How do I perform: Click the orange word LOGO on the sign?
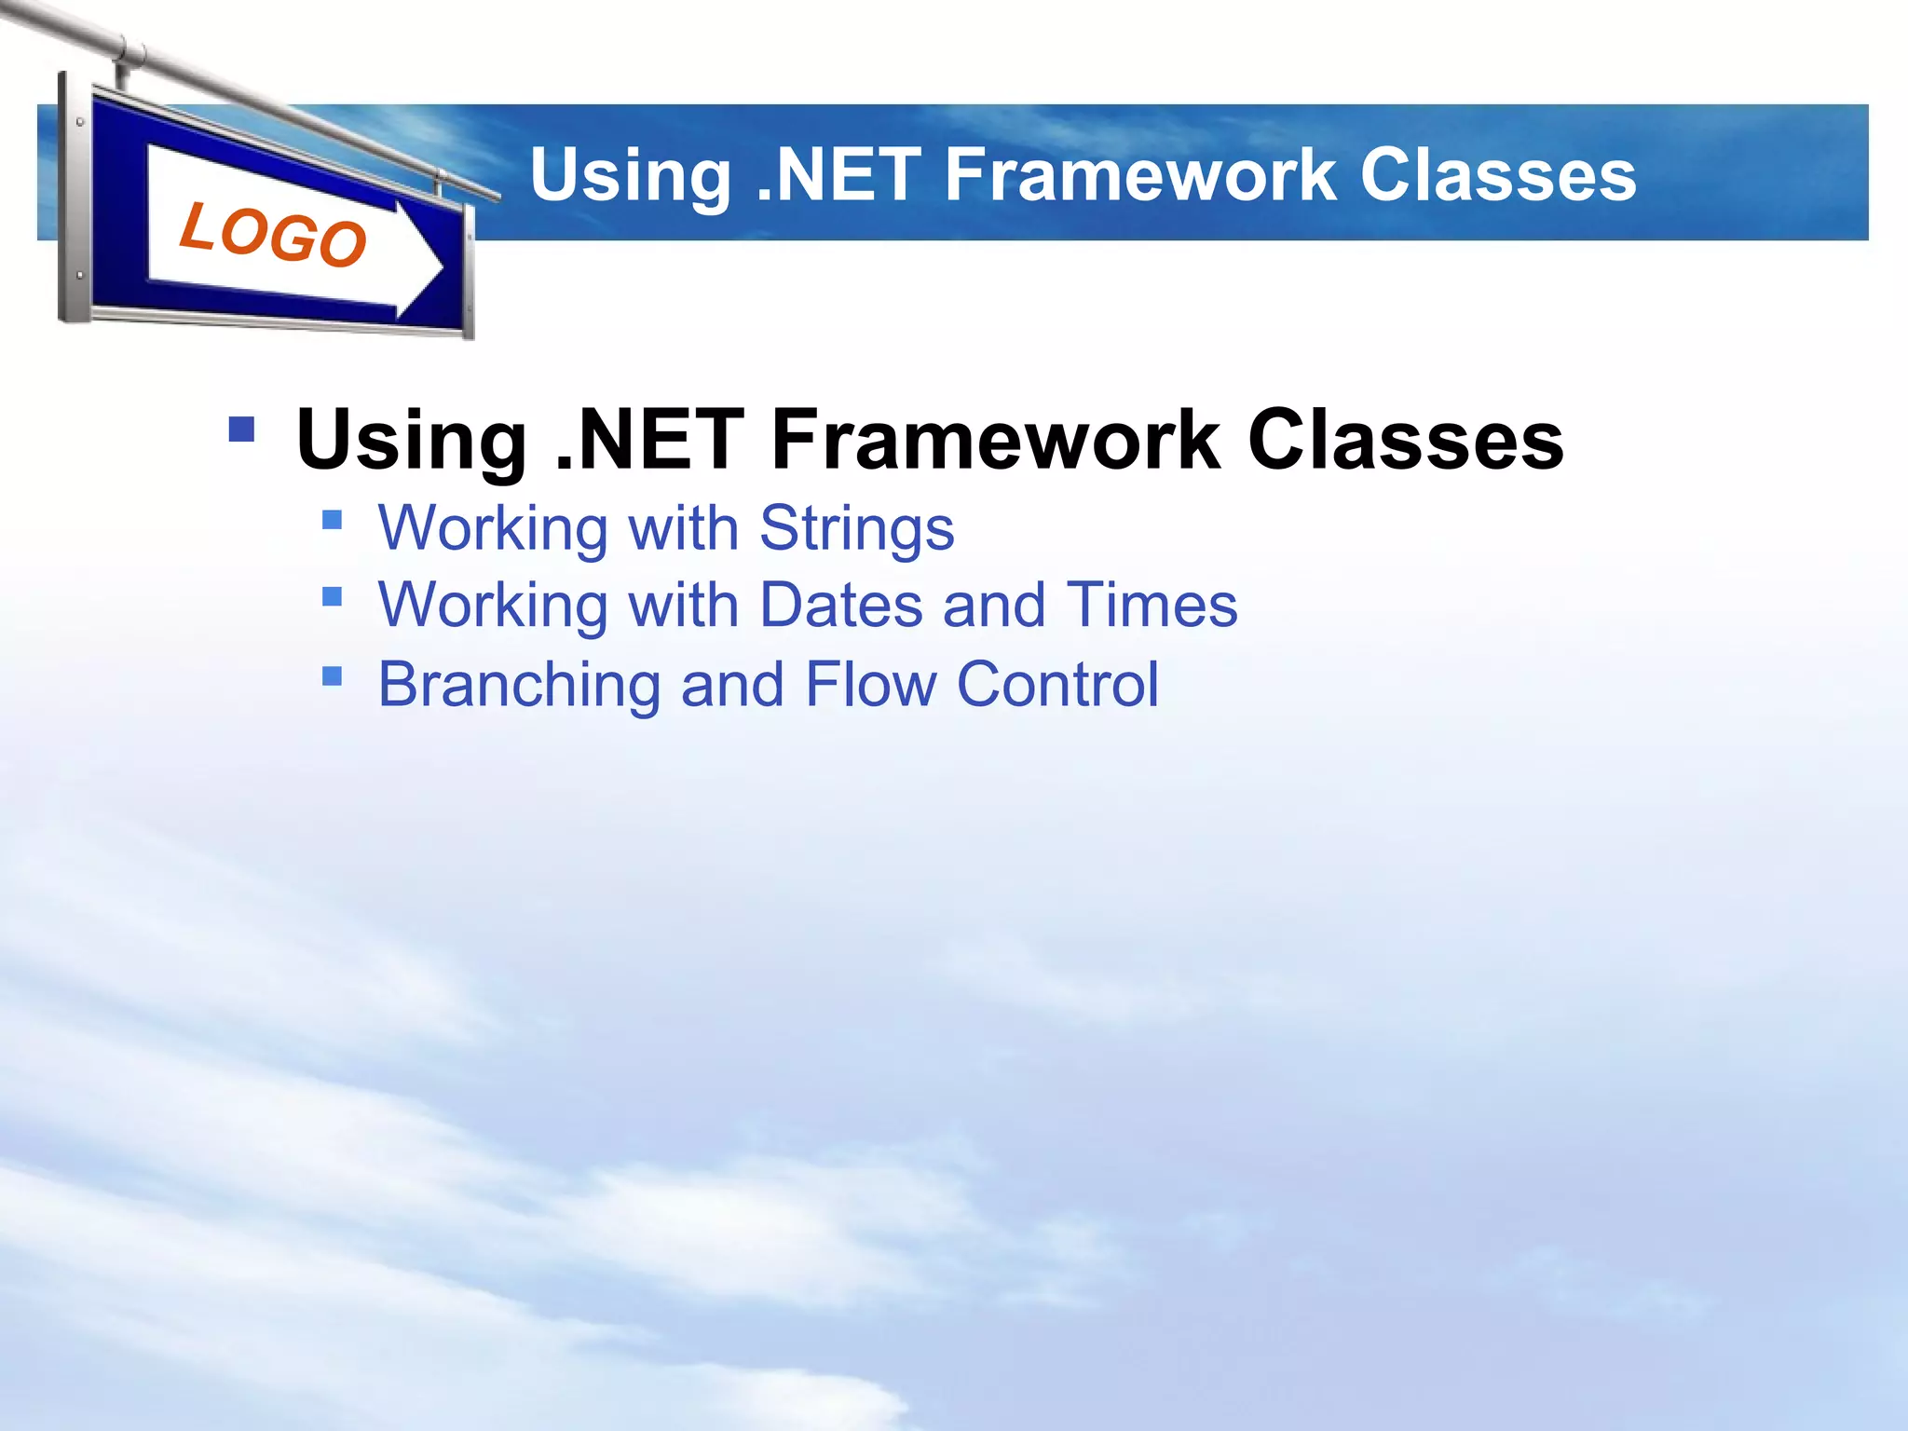[x=273, y=235]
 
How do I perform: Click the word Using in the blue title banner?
[x=631, y=177]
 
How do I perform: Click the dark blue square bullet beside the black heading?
[x=241, y=429]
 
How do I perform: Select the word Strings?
[x=856, y=529]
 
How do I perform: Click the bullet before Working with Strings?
[x=332, y=519]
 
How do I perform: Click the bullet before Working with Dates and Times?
[x=332, y=595]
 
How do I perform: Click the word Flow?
[x=870, y=684]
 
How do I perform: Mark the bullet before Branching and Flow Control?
[x=332, y=675]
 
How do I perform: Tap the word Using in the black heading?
[x=411, y=442]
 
